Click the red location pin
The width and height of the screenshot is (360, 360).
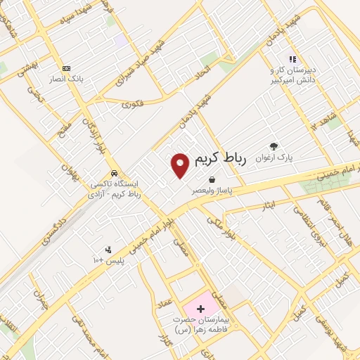coord(181,165)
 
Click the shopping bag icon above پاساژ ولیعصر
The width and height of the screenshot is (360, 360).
coord(212,180)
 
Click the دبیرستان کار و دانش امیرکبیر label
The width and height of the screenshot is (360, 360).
coord(291,72)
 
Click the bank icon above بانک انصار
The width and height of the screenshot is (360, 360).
coord(67,68)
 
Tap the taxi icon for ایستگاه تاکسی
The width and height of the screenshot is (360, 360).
coord(113,173)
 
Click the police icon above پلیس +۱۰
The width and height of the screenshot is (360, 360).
coord(108,250)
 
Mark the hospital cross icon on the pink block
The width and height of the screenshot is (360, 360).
coord(200,309)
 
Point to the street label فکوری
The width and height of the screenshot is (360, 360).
coord(132,104)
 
